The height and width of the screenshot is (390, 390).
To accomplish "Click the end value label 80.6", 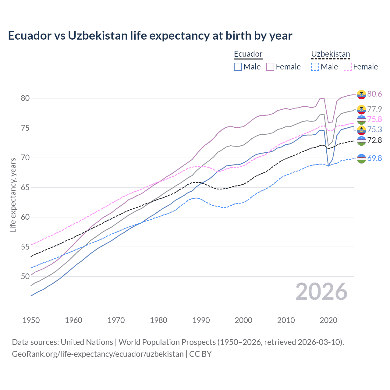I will [374, 94].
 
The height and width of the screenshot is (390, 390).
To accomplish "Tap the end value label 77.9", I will [374, 109].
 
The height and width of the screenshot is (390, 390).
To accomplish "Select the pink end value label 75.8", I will [374, 119].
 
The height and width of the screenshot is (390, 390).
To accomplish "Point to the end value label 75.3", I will [374, 129].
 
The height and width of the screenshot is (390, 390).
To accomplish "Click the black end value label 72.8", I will [374, 140].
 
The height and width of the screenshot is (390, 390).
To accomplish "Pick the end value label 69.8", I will [374, 158].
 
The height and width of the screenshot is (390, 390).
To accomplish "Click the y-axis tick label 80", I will [25, 98].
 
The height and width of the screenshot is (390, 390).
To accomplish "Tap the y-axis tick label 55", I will [25, 247].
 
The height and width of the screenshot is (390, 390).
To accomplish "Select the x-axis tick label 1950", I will [31, 320].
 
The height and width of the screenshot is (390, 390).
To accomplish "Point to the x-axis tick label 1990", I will [201, 320].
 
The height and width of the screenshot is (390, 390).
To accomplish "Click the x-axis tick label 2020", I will [328, 320].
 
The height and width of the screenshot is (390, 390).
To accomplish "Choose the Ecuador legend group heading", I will [248, 54].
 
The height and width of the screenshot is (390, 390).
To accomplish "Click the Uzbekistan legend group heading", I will [331, 54].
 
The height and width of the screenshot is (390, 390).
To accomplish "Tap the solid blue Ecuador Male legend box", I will [238, 67].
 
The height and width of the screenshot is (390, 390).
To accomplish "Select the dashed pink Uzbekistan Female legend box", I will [348, 67].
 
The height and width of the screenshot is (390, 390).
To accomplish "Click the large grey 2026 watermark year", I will [321, 292].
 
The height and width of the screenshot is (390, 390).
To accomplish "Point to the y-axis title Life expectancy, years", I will [13, 195].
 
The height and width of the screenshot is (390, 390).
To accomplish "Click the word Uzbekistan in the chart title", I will [98, 36].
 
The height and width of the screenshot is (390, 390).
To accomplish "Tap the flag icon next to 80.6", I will [361, 94].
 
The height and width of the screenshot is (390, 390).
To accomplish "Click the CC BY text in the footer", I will [200, 354].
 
